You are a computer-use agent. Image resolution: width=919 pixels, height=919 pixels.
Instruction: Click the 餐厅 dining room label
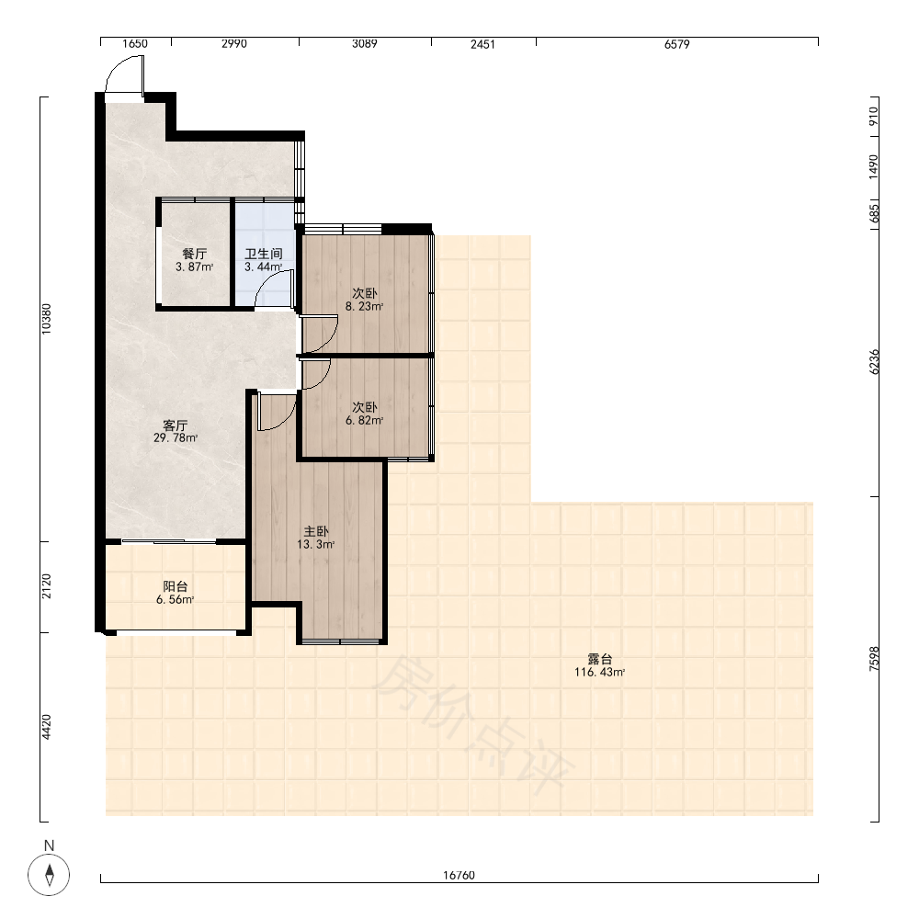195,254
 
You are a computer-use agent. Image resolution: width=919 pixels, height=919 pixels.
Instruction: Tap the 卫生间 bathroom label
264,254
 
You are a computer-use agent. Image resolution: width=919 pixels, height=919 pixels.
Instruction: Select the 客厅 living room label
176,425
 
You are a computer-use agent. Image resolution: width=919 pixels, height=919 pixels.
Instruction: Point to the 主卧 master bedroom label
316,531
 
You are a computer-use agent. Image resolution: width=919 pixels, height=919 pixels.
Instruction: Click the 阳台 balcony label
176,586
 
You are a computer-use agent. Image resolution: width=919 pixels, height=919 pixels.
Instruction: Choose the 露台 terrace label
599,659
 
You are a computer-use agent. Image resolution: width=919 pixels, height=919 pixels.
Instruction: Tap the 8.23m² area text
364,306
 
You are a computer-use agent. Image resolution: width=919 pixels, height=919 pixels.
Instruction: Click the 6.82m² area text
364,420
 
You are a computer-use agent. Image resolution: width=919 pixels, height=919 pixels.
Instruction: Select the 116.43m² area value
599,673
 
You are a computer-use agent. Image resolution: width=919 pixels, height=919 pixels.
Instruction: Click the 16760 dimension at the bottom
459,875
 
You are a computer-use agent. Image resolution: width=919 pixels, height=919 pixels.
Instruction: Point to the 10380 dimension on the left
46,319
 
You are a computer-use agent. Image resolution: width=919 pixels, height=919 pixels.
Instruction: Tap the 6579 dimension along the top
677,44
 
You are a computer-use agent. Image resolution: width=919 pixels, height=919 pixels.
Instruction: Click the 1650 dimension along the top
135,44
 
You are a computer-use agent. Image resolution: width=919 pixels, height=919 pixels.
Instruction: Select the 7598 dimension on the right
874,658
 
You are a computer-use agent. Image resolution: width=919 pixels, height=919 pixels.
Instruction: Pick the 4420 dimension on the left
46,727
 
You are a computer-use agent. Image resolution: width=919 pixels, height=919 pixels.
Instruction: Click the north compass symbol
49,875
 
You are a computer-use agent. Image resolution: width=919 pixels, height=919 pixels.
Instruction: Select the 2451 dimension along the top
483,44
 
